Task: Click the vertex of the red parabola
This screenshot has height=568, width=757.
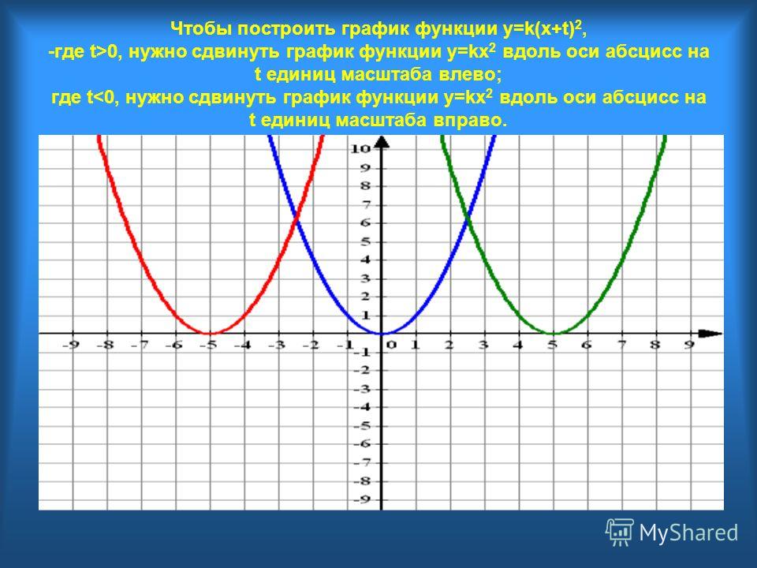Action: click(x=210, y=333)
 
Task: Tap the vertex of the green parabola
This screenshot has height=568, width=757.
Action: click(x=554, y=333)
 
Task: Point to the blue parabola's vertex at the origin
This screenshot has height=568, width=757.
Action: click(x=382, y=333)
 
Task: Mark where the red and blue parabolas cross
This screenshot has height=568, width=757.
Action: click(x=296, y=221)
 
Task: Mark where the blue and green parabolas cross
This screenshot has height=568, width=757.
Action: click(x=468, y=221)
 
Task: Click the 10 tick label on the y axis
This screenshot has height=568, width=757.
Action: click(x=360, y=148)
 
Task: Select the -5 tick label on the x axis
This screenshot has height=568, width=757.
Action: click(x=210, y=345)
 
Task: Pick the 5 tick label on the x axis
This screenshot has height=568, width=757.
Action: click(x=554, y=345)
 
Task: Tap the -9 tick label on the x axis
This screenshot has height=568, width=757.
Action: click(x=72, y=345)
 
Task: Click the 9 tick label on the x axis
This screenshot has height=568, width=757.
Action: click(x=689, y=345)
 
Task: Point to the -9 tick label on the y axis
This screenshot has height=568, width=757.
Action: click(x=362, y=499)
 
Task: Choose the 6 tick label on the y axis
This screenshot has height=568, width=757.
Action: click(x=366, y=222)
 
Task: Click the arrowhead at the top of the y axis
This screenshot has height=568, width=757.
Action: click(x=382, y=141)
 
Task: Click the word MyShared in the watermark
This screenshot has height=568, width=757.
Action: click(x=688, y=533)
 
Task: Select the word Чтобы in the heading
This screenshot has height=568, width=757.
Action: click(x=201, y=29)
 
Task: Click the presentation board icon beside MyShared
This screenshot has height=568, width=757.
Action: click(x=620, y=532)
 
